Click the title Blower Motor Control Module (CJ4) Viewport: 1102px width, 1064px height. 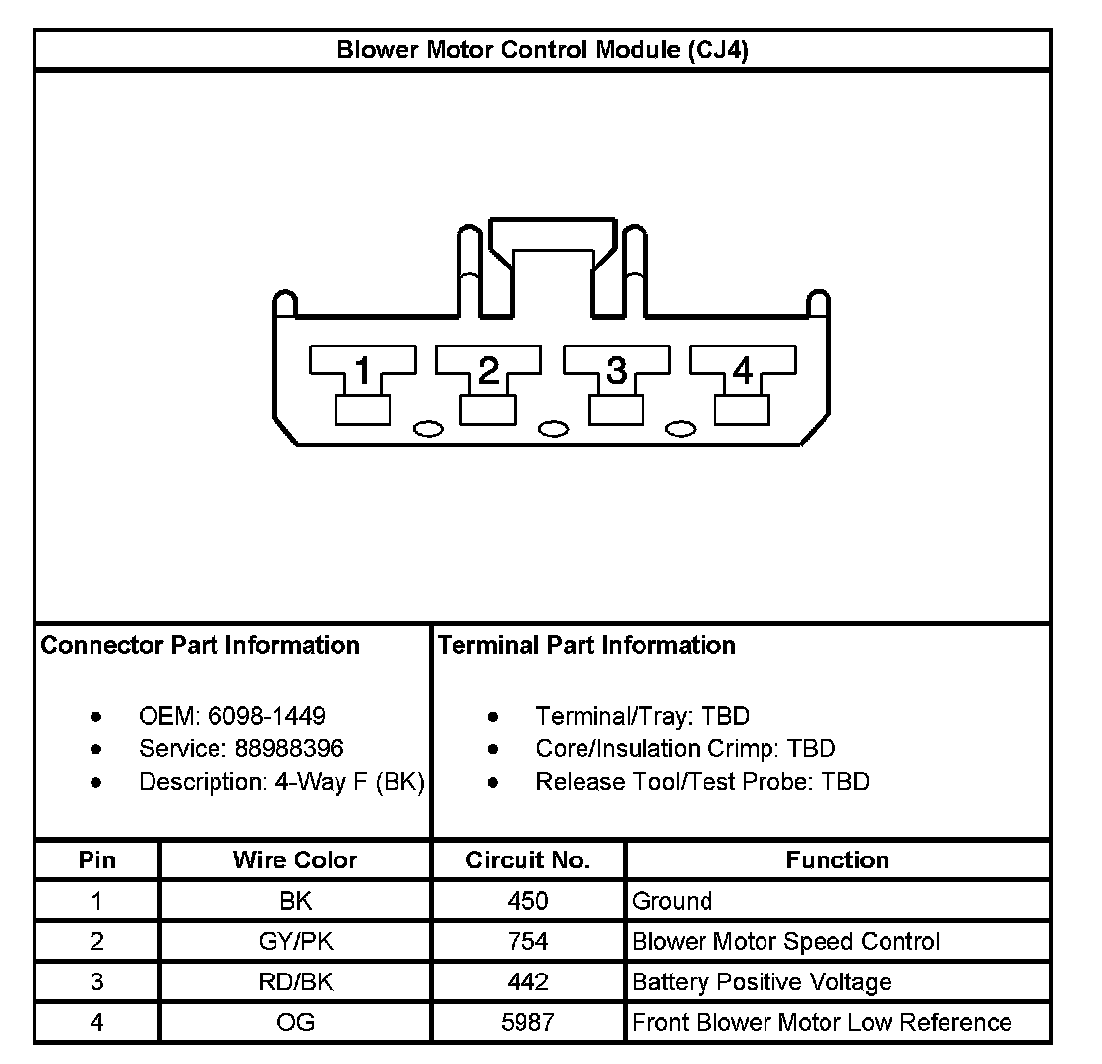tap(542, 50)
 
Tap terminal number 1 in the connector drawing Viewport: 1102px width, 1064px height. tap(363, 372)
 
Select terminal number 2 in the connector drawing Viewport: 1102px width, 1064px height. tap(489, 372)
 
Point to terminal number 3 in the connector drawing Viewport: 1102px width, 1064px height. tap(616, 372)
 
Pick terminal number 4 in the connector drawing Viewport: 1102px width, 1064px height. tap(742, 372)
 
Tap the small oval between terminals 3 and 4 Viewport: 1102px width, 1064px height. tap(681, 429)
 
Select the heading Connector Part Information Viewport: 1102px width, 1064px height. tap(201, 645)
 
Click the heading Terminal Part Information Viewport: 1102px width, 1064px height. tap(586, 645)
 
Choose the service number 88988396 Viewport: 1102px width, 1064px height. tap(289, 749)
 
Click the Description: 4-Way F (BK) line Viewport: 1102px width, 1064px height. tap(281, 782)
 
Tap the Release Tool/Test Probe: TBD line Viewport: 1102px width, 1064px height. tap(703, 782)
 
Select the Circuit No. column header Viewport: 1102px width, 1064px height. tap(528, 860)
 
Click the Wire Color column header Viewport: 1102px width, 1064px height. tap(295, 860)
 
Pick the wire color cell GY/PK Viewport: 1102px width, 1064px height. tap(295, 941)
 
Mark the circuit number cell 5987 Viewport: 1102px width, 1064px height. tap(528, 1022)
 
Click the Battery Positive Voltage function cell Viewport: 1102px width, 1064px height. tap(762, 981)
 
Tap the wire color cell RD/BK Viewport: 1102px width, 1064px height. tap(295, 981)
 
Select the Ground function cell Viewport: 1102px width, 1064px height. tap(672, 901)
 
